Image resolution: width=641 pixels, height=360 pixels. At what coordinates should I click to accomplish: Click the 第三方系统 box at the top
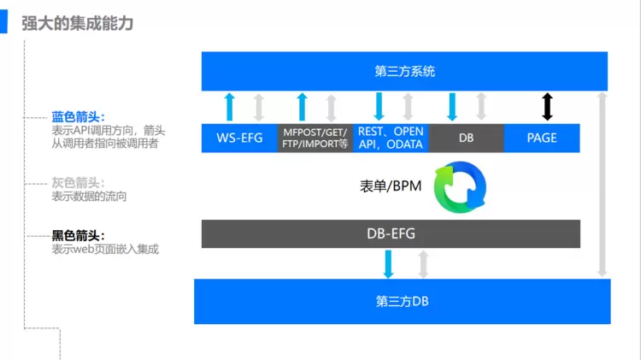pyautogui.click(x=404, y=71)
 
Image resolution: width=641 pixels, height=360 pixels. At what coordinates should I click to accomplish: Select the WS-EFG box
pyautogui.click(x=239, y=138)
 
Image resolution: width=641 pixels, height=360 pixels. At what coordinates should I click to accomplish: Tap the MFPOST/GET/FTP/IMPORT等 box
pyautogui.click(x=315, y=139)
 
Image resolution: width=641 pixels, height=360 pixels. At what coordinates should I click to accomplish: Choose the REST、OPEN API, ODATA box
pyautogui.click(x=391, y=138)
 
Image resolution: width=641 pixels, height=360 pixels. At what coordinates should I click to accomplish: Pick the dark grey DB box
pyautogui.click(x=466, y=138)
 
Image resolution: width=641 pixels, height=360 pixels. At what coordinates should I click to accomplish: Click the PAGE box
pyautogui.click(x=542, y=138)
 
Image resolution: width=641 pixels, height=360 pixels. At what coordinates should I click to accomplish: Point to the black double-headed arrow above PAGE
pyautogui.click(x=548, y=107)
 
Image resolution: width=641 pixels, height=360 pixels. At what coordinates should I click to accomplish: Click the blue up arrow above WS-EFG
pyautogui.click(x=228, y=107)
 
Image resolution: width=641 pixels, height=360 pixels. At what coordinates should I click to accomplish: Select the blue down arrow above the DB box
pyautogui.click(x=453, y=107)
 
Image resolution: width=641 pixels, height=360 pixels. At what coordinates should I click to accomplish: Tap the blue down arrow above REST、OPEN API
pyautogui.click(x=379, y=107)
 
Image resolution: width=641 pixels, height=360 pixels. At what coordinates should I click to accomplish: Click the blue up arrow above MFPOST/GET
pyautogui.click(x=302, y=107)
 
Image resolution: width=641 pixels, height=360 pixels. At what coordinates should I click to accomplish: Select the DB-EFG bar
pyautogui.click(x=391, y=233)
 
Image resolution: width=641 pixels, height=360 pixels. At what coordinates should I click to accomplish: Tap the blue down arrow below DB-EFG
pyautogui.click(x=389, y=263)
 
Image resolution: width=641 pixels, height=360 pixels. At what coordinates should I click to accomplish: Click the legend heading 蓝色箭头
pyautogui.click(x=78, y=117)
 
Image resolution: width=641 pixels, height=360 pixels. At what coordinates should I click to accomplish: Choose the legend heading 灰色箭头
pyautogui.click(x=78, y=183)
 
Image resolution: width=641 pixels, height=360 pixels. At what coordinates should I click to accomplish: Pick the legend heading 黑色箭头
pyautogui.click(x=78, y=235)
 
